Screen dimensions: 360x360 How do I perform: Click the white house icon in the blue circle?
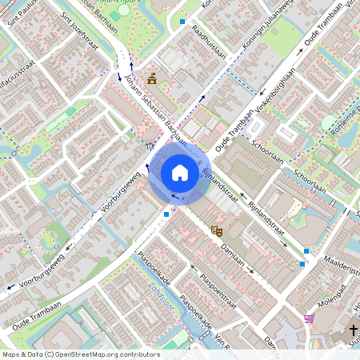[180, 172]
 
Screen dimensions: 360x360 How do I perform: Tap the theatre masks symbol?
[215, 230]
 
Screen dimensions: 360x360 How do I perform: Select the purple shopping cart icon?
[309, 318]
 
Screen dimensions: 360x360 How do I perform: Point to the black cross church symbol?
[353, 330]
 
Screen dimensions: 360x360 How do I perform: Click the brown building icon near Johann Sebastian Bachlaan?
[151, 77]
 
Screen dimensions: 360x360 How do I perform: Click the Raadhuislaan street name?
[209, 40]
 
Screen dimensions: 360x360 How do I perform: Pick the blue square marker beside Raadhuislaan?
[182, 22]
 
